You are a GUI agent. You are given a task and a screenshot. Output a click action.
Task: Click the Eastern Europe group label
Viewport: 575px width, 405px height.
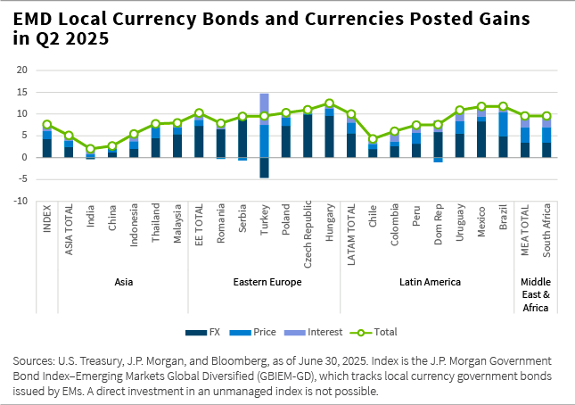267,282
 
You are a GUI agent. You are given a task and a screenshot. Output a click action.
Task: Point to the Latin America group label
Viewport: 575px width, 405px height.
430,282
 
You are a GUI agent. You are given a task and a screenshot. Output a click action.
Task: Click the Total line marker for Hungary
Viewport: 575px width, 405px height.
329,103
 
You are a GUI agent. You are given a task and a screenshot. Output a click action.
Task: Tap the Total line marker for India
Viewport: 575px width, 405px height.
90,149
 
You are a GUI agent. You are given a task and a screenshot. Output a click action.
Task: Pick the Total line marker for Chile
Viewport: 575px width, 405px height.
373,139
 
